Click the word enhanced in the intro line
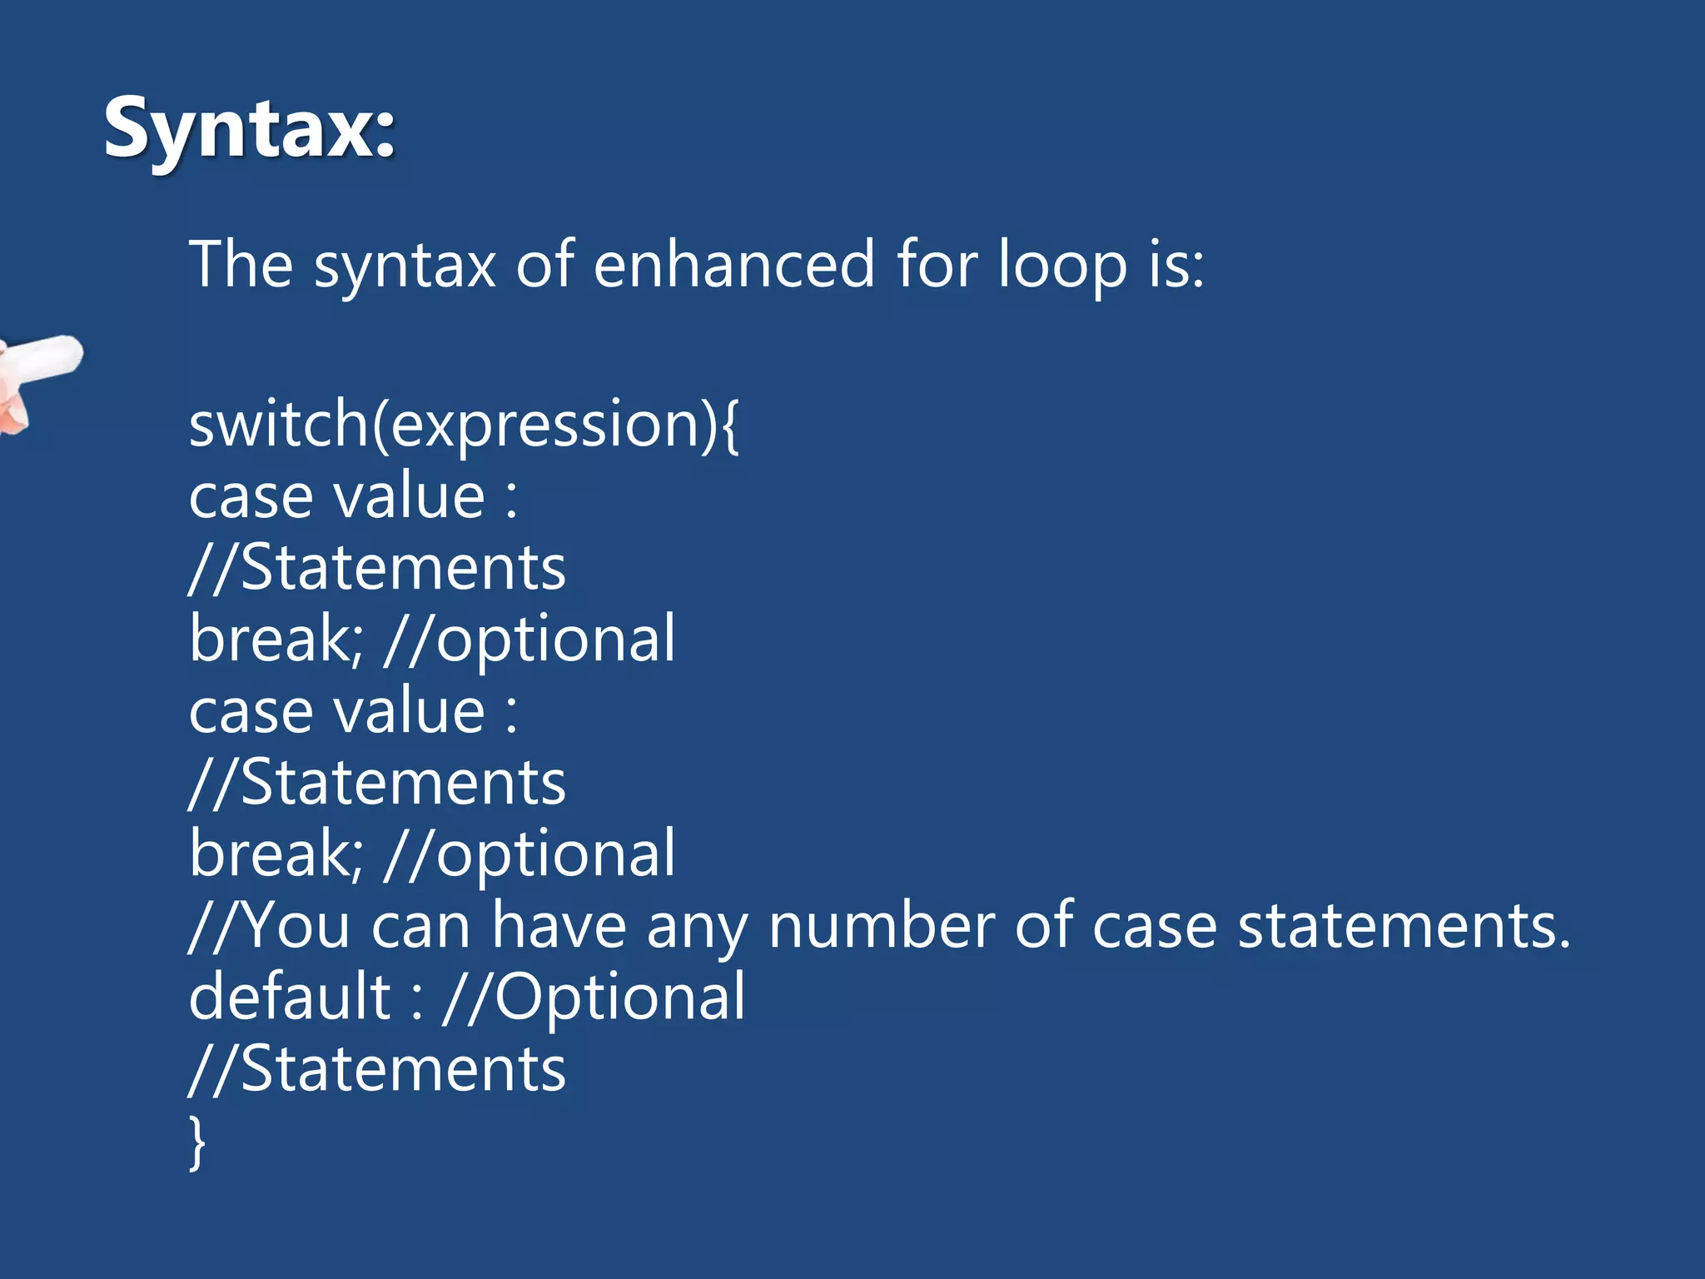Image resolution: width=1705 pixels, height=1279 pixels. coord(733,265)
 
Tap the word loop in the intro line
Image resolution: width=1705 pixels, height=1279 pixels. coord(1061,265)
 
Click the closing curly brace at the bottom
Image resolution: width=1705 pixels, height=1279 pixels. coord(197,1142)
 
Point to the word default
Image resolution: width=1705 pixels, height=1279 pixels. coord(289,997)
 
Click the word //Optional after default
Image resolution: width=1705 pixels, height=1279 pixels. coord(594,997)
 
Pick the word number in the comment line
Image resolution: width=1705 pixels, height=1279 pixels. coord(880,926)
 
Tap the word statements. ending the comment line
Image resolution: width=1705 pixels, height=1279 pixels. coord(1404,926)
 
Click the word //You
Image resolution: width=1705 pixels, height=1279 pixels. coord(269,926)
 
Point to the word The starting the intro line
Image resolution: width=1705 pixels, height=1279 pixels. coord(241,265)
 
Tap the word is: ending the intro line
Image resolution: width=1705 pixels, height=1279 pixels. coord(1176,265)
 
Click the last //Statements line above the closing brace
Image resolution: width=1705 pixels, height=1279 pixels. coord(377,1069)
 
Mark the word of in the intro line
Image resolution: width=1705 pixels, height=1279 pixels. coord(544,265)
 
